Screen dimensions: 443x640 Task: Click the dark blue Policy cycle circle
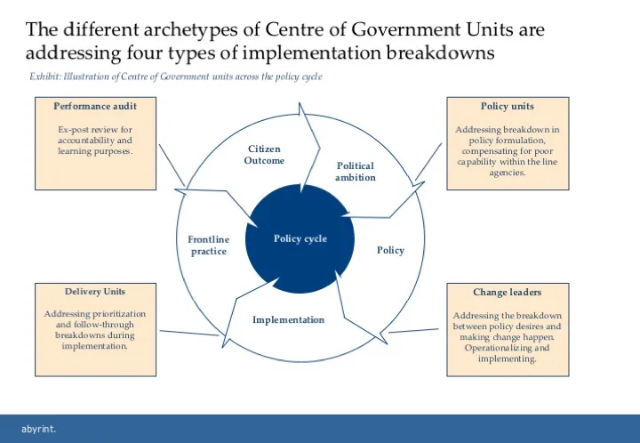coord(300,238)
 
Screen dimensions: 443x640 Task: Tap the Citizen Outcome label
coord(264,155)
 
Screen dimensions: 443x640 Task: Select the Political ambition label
coord(356,172)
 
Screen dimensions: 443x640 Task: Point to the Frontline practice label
coord(209,246)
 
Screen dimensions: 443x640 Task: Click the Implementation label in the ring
coord(288,319)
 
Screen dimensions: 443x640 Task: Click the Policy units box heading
coord(507,107)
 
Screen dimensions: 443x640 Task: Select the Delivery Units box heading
coord(95,291)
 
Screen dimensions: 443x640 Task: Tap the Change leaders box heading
coord(507,292)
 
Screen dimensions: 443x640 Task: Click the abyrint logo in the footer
coord(38,429)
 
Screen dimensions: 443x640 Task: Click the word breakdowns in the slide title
coord(441,52)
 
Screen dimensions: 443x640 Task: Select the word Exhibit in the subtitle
coord(46,77)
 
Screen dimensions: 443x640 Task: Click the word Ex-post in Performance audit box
coord(73,130)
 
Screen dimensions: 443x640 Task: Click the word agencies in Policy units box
coord(507,173)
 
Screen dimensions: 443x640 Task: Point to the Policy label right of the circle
coord(390,250)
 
